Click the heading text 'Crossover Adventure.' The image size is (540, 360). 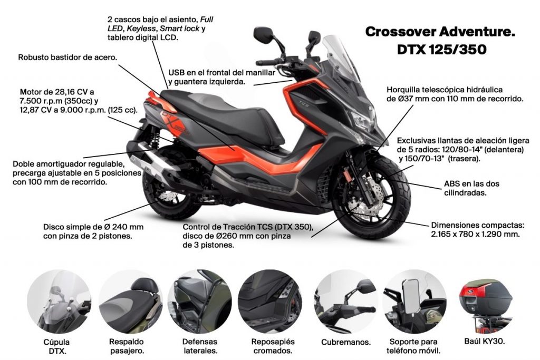(440, 32)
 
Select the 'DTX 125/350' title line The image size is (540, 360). (439, 50)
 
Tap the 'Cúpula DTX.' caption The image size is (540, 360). (56, 346)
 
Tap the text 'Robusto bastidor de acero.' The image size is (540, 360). (67, 57)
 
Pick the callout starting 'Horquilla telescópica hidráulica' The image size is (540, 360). (455, 94)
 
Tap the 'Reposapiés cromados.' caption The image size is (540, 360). (273, 346)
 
